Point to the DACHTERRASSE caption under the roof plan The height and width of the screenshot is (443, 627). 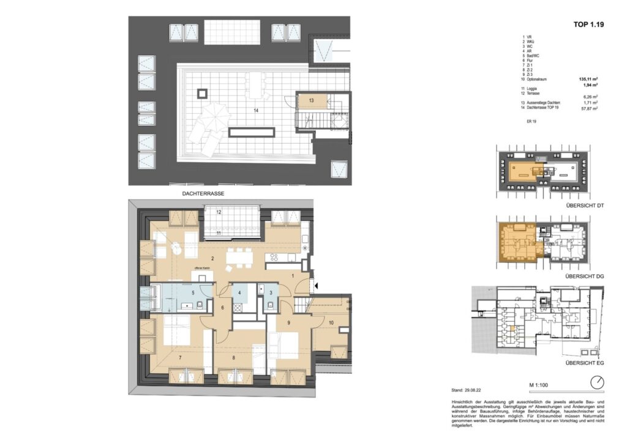[x=203, y=193]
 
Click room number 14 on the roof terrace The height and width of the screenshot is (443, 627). [x=240, y=110]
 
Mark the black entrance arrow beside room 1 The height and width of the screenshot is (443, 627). [x=315, y=285]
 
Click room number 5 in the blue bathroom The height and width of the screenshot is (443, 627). [x=193, y=292]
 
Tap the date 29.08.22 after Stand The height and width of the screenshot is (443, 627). [x=476, y=389]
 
